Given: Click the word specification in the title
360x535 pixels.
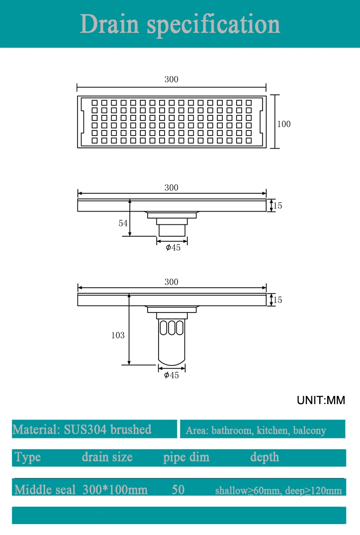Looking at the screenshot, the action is pyautogui.click(x=213, y=25).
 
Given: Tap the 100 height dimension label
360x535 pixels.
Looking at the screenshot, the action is pyautogui.click(x=284, y=124).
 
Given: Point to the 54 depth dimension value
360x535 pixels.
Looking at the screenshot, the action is pyautogui.click(x=123, y=223).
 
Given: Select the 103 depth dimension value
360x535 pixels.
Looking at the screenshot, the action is pyautogui.click(x=118, y=335).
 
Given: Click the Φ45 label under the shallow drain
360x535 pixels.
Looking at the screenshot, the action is pyautogui.click(x=173, y=247).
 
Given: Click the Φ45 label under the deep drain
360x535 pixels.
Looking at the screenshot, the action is pyautogui.click(x=171, y=375).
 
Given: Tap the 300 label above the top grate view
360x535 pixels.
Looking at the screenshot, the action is pyautogui.click(x=171, y=79).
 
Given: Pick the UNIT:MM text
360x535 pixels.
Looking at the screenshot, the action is pyautogui.click(x=321, y=400).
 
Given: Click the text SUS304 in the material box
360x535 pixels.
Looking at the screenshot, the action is pyautogui.click(x=86, y=429).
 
